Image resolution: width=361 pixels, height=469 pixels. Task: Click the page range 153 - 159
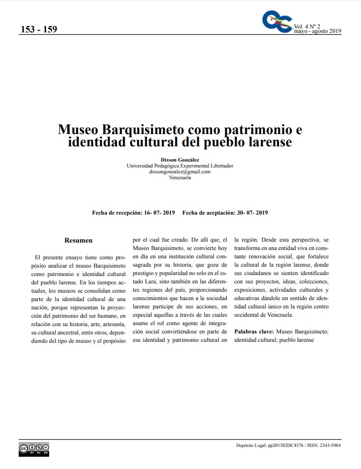(x=39, y=29)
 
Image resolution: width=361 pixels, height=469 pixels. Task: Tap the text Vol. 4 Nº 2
(x=307, y=26)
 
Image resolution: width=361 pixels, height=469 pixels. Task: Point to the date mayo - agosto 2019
(x=317, y=31)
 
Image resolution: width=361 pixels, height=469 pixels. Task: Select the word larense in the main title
(x=269, y=143)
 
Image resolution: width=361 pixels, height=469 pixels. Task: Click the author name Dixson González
(x=180, y=160)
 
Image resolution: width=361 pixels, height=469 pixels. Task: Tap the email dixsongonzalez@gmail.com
(x=180, y=172)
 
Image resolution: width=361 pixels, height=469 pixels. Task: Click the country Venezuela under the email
(x=180, y=178)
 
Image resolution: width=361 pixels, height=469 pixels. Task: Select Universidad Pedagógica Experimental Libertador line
(x=180, y=166)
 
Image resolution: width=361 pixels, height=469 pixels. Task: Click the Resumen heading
(x=79, y=241)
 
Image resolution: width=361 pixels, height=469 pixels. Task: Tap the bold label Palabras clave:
(x=254, y=332)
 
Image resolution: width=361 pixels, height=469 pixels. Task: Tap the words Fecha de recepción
(x=115, y=213)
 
